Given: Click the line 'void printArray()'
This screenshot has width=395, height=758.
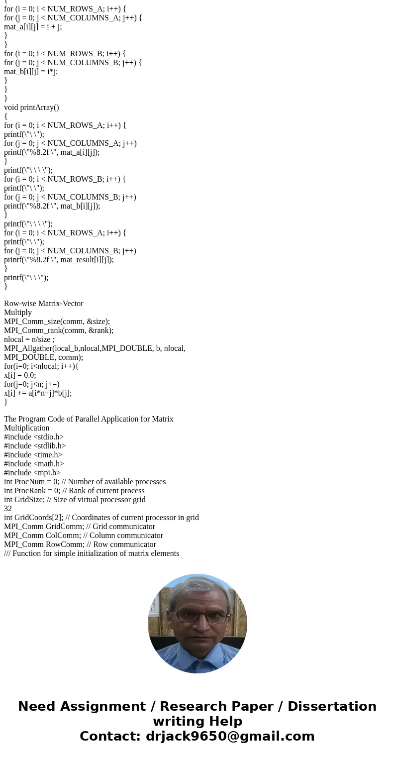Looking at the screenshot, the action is point(31,108).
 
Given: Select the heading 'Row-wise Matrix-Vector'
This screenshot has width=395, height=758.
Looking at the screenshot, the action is point(44,304).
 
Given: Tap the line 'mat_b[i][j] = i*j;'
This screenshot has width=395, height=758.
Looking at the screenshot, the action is point(31,72).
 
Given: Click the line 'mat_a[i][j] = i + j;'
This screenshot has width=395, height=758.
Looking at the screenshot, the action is point(33,27).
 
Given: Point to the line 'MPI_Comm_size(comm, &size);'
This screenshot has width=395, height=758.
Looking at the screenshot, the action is point(57,322).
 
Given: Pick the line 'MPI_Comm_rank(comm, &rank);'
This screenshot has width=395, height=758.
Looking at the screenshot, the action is point(59,330).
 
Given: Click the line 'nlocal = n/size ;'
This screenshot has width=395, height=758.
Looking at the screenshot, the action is point(29,339).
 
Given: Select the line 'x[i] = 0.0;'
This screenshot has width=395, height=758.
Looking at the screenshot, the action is point(20,375).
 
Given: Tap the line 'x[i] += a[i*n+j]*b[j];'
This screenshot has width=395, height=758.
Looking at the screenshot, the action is point(38,393).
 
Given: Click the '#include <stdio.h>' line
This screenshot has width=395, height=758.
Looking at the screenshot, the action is point(34,437).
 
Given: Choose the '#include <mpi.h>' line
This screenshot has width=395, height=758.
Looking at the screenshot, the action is point(32,473).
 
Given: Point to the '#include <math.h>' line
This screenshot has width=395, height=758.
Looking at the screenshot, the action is point(34,464).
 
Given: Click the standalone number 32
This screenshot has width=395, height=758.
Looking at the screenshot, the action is point(8,509).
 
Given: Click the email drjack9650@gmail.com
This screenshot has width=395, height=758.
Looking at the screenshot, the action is point(230,737).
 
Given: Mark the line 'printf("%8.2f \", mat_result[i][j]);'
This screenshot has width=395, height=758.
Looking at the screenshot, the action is point(59,260).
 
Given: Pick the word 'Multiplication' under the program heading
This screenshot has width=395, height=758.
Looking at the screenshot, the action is point(27,428).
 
